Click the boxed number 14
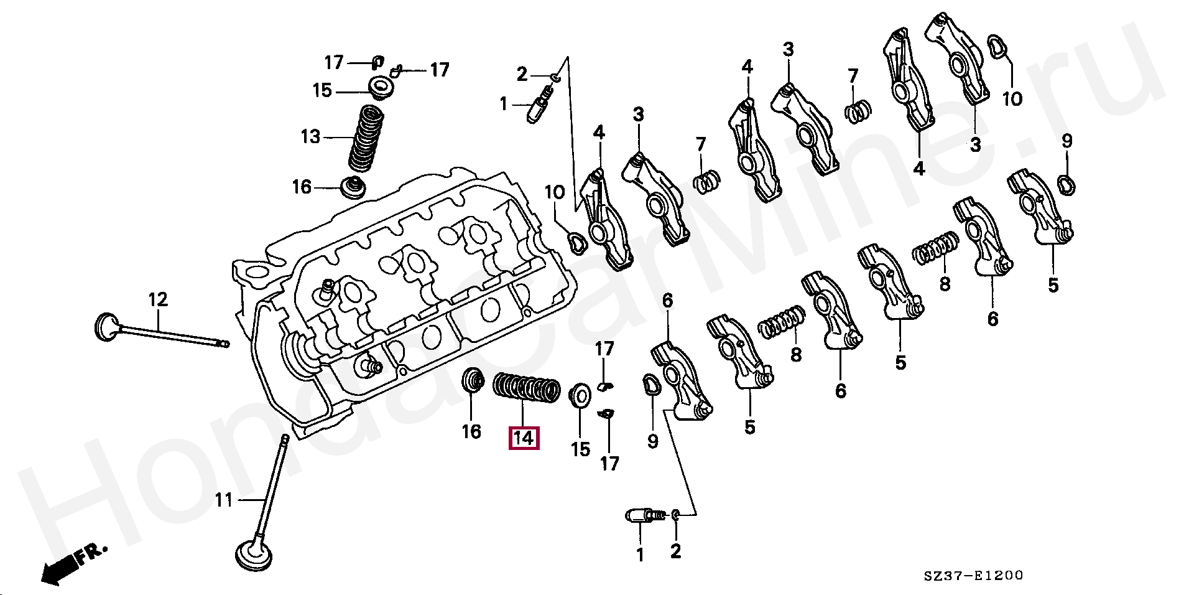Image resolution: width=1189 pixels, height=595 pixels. [524, 438]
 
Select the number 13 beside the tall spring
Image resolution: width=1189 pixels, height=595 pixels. [310, 136]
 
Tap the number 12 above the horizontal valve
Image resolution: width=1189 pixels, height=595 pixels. [158, 300]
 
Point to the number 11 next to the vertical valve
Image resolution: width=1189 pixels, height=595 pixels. [224, 500]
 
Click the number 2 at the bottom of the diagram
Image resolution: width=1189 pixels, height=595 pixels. [675, 551]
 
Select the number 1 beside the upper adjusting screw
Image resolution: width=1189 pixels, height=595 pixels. [504, 104]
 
